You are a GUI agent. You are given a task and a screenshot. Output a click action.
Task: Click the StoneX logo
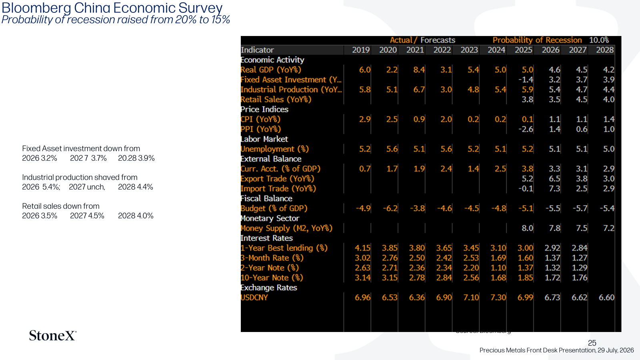[x=52, y=336]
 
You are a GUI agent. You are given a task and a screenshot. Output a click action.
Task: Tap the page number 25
[x=592, y=342]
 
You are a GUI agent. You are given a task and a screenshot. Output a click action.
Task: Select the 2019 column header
[x=361, y=50]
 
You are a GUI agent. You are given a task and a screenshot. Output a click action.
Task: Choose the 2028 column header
[x=604, y=50]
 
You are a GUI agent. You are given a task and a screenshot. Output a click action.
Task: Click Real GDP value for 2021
[x=419, y=70]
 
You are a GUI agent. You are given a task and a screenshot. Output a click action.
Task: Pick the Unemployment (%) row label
[x=274, y=149]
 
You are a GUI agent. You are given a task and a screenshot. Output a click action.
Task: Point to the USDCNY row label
[x=254, y=298]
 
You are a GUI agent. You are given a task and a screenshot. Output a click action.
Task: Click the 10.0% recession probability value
[x=599, y=40]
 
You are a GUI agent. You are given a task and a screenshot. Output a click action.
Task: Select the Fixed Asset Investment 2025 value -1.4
[x=526, y=80]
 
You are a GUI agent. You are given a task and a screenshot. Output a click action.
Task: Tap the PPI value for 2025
[x=526, y=129]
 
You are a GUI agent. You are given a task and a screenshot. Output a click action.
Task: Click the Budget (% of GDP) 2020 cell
[x=390, y=208]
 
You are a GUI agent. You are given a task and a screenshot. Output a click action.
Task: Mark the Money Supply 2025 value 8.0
[x=528, y=228]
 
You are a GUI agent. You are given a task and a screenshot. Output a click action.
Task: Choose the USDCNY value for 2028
[x=606, y=298]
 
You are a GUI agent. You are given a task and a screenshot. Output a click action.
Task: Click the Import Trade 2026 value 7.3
[x=554, y=188]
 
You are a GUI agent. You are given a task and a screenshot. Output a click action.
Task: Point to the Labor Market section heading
[x=264, y=139]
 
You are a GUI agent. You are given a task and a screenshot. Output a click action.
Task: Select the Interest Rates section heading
[x=266, y=238]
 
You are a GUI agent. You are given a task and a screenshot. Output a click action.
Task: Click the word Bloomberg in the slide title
[x=36, y=8]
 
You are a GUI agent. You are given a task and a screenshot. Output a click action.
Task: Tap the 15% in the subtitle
[x=220, y=20]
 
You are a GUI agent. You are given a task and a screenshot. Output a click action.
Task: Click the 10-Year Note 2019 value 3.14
[x=362, y=278]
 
